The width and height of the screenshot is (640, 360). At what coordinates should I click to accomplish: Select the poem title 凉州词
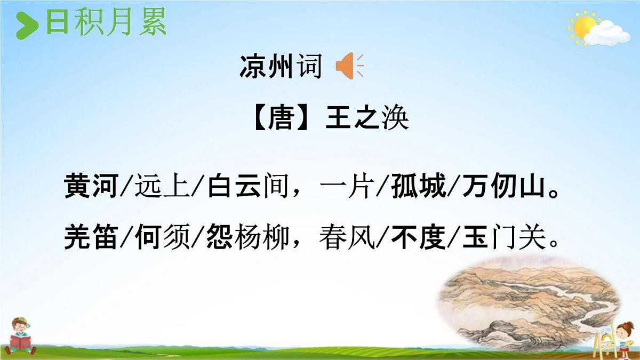[281, 67]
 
